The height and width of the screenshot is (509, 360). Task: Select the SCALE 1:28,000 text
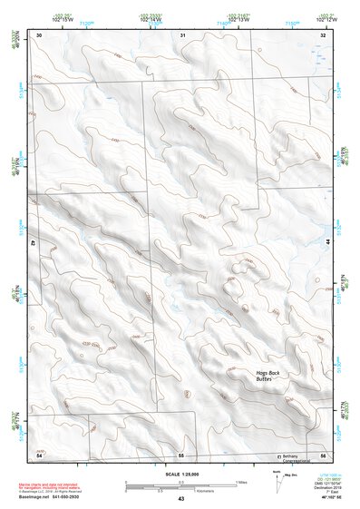180,474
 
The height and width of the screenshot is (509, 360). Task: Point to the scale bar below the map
180,486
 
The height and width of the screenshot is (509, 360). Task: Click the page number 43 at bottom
180,500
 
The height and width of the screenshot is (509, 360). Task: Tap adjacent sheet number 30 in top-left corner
39,34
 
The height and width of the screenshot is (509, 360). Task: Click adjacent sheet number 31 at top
182,34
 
